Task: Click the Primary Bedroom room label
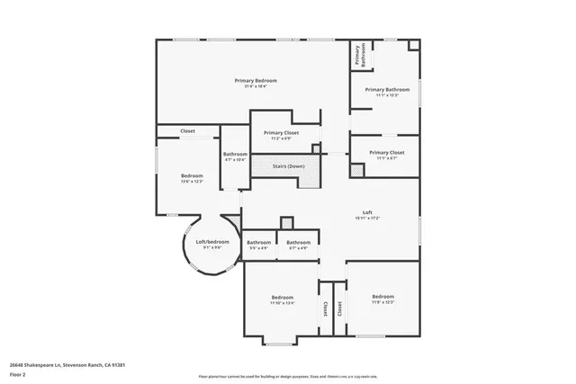[x=256, y=80]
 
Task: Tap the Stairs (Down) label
[x=289, y=166]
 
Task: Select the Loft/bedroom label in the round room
[x=212, y=242]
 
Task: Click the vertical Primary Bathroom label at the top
[x=357, y=55]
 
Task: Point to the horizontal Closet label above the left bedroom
[x=187, y=131]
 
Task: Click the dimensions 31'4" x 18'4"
[x=256, y=86]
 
